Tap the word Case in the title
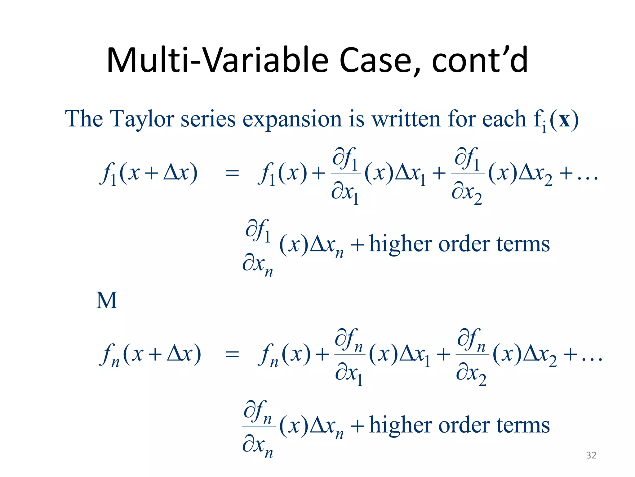pos(380,61)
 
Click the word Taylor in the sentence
pos(142,120)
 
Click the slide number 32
pos(591,455)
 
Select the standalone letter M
pos(107,301)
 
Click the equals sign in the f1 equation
pos(232,173)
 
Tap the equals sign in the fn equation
pos(232,354)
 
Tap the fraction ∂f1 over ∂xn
pos(259,247)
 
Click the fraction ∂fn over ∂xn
pos(259,428)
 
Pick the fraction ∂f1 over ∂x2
pos(468,175)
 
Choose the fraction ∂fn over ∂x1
pos(349,356)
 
